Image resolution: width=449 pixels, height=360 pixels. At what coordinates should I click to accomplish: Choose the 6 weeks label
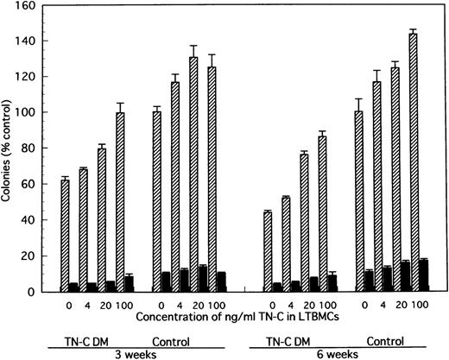344,352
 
